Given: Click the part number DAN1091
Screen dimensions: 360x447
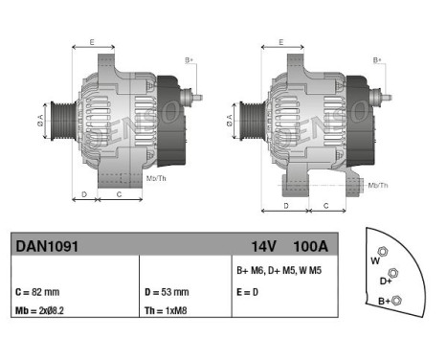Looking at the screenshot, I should coord(46,245).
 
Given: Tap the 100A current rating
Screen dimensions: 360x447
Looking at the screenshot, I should coord(309,245).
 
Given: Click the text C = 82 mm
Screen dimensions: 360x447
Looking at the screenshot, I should coord(37,291).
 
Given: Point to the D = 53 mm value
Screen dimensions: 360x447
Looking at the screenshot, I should coord(167,291).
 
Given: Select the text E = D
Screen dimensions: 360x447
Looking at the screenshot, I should coord(249,291).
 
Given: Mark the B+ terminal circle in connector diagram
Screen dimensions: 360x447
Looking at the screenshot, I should coord(398,302).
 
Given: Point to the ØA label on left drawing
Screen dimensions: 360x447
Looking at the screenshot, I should coord(39,122).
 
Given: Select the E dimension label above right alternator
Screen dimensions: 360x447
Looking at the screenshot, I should coord(280,42).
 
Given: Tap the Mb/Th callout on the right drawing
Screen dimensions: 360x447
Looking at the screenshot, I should coord(378,184).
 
